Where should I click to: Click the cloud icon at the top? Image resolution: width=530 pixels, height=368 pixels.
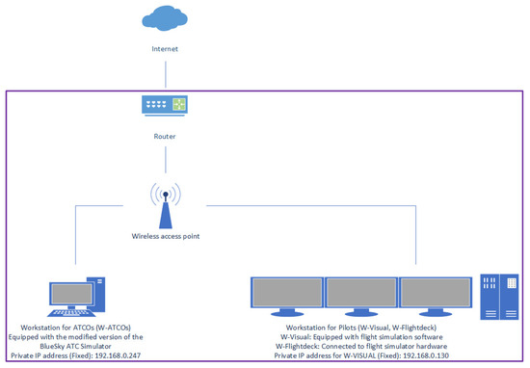(166, 17)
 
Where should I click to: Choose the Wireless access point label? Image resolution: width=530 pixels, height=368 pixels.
(166, 235)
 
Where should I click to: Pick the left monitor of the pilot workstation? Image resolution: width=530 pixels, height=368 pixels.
(286, 295)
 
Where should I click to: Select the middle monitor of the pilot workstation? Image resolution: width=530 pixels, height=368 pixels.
(360, 295)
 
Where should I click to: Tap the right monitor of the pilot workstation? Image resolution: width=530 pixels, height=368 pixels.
(435, 295)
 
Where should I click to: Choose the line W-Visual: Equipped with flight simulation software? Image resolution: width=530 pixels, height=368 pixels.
(362, 336)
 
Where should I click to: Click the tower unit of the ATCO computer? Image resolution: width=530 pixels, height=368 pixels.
(97, 294)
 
